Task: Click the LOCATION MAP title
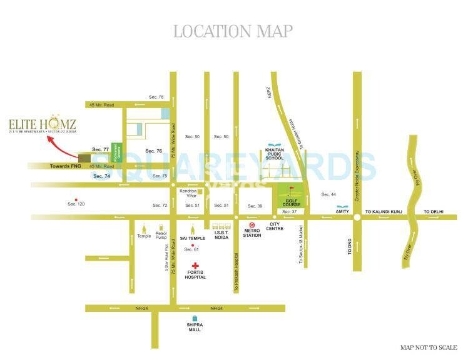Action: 233,31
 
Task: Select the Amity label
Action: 342,212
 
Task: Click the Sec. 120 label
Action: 75,204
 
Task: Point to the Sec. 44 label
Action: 328,194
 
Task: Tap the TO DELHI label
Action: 433,212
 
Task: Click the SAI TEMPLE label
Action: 193,238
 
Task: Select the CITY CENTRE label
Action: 276,226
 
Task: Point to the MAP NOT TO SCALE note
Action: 429,347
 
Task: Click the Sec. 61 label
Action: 191,249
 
